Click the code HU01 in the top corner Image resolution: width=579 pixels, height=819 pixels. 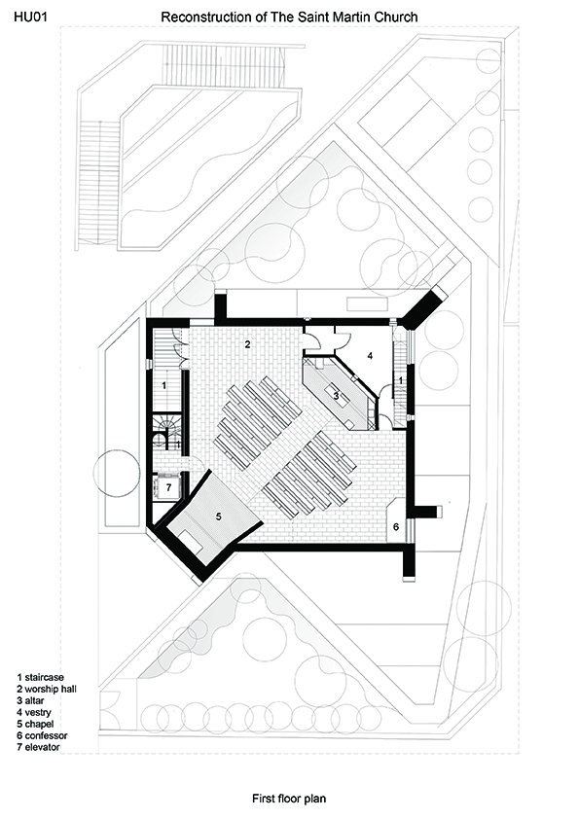[x=30, y=17]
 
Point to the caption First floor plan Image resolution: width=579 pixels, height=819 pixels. [x=289, y=799]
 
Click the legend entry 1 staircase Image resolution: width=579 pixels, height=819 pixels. [x=40, y=677]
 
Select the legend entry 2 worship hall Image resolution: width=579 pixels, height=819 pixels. [x=47, y=689]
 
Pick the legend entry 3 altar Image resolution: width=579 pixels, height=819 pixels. [x=30, y=700]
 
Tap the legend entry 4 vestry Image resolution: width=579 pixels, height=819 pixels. [x=34, y=712]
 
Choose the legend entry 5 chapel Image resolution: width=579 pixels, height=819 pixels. [x=35, y=724]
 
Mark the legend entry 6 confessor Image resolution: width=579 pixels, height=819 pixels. [x=42, y=735]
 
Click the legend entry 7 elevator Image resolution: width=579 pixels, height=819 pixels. [x=38, y=747]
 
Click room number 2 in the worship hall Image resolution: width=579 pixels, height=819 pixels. [x=248, y=344]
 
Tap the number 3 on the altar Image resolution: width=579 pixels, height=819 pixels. [x=337, y=396]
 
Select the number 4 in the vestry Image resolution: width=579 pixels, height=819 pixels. [x=370, y=356]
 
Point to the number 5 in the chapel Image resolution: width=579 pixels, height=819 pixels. [x=218, y=516]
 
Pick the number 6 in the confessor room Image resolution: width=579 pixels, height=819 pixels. [x=396, y=526]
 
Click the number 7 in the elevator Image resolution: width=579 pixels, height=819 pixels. [x=168, y=488]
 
